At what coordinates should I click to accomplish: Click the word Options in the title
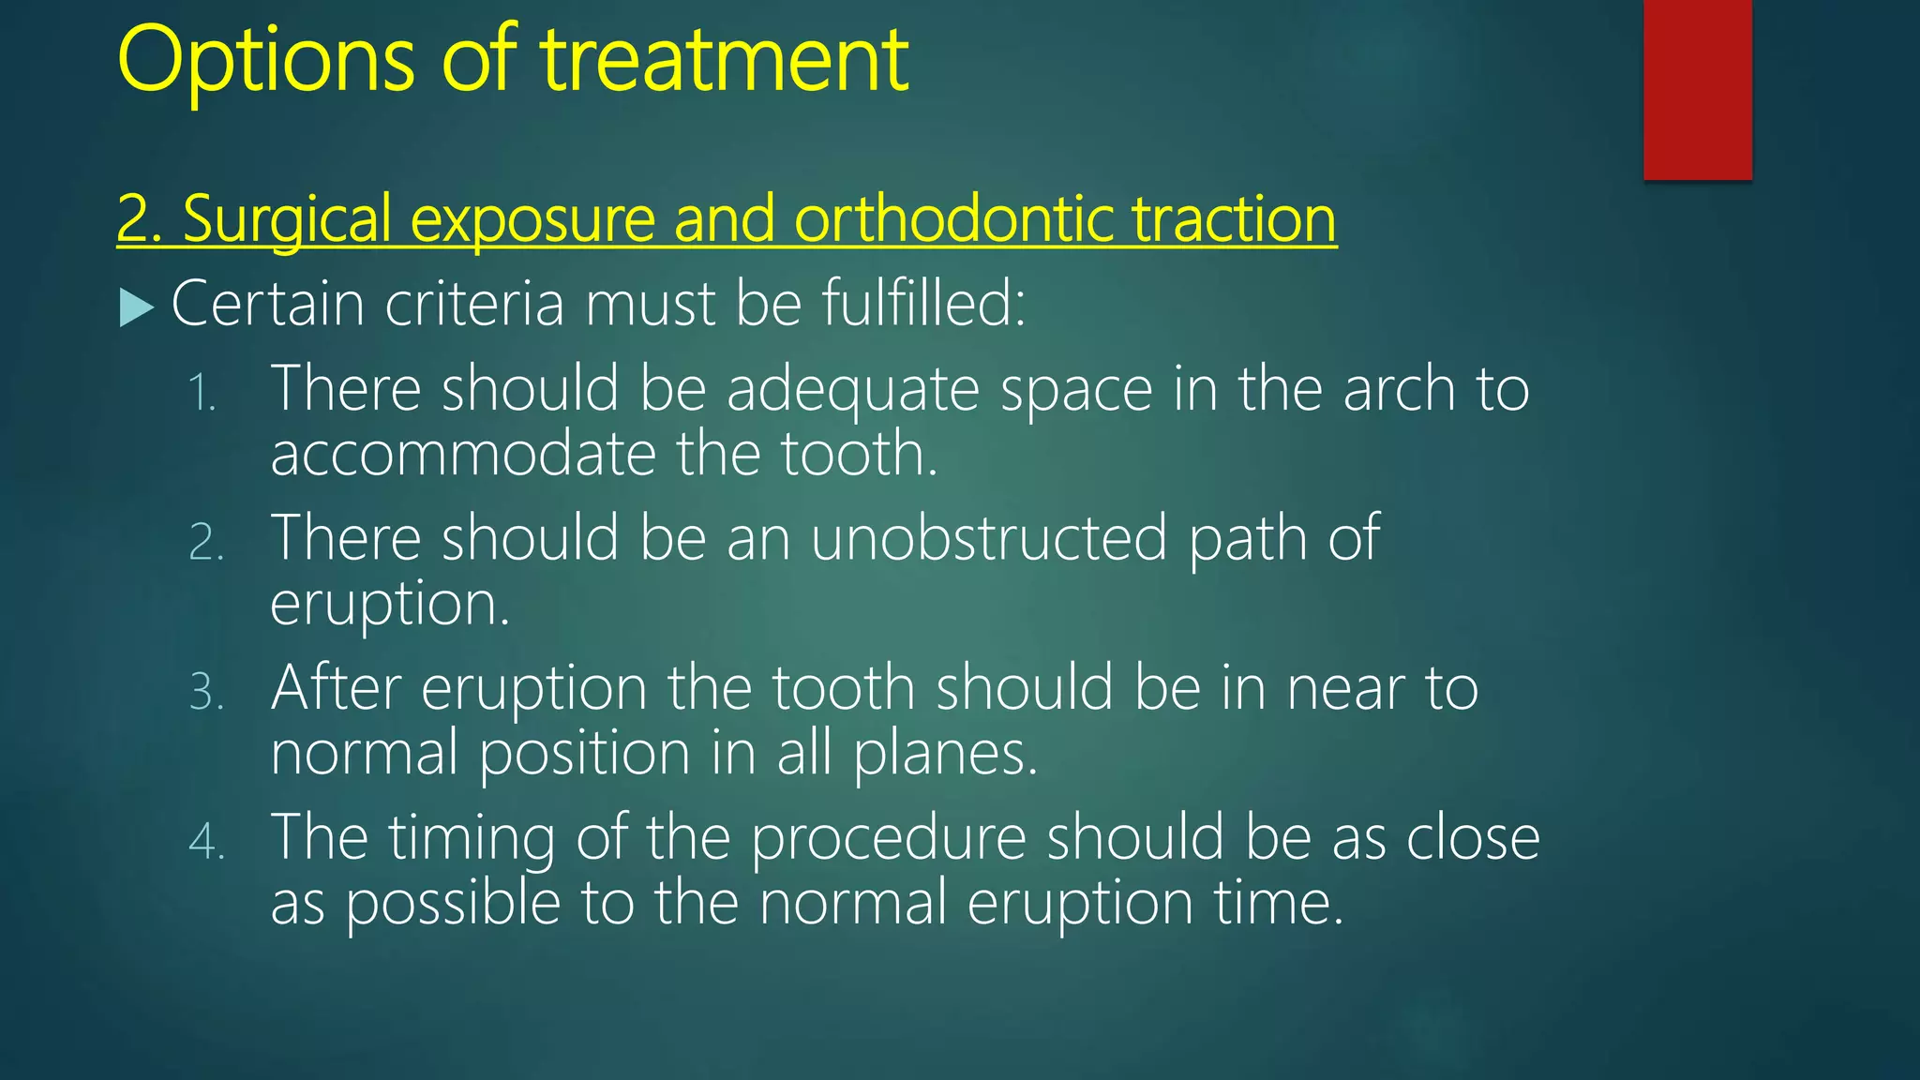(265, 62)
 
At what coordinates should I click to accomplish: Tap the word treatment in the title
(725, 62)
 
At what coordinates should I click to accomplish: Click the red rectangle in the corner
(1697, 89)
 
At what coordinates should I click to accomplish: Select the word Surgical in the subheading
(287, 219)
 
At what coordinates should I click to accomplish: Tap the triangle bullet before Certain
(136, 307)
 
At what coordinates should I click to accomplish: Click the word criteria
(474, 304)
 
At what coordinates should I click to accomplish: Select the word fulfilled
(923, 304)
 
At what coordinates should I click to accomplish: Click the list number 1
(202, 392)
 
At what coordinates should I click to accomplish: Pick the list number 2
(206, 542)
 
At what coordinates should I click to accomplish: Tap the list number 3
(206, 692)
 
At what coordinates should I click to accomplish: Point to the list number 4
(206, 841)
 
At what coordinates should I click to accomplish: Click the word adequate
(852, 390)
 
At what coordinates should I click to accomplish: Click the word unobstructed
(988, 538)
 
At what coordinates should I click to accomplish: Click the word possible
(453, 903)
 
